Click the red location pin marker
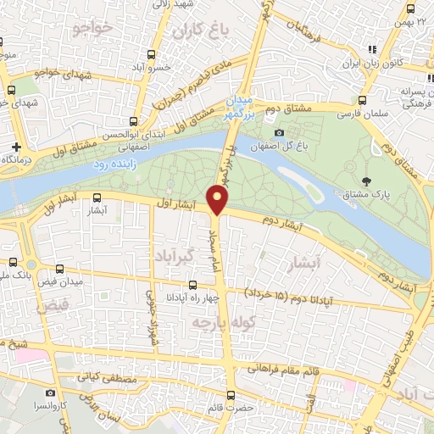[x=219, y=200]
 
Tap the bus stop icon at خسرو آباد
[x=152, y=55]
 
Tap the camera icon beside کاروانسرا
[x=50, y=392]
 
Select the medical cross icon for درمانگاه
[x=17, y=146]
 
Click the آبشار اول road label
[x=177, y=203]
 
